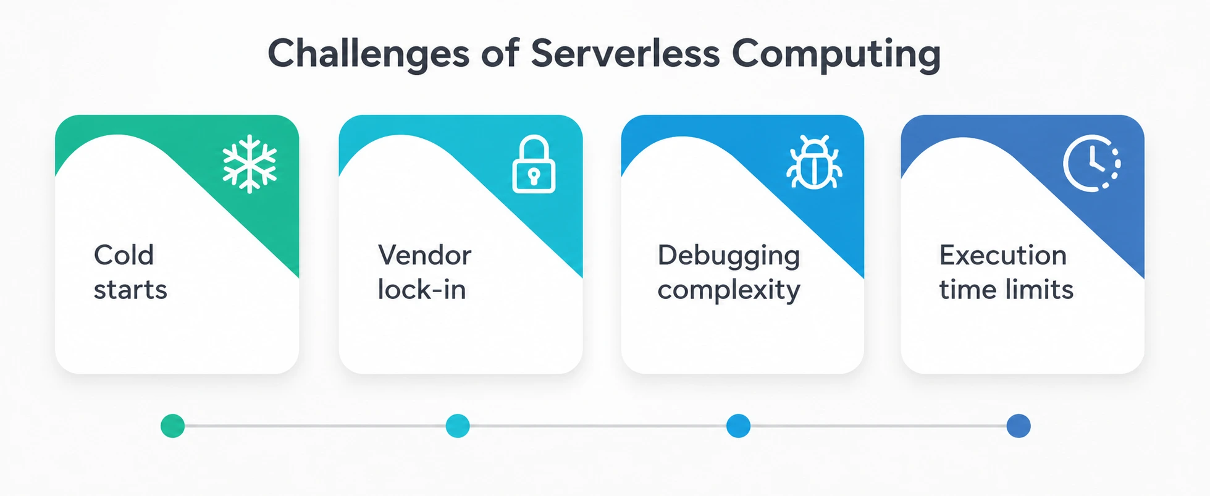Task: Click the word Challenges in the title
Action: pyautogui.click(x=369, y=54)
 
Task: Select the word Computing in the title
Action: pyautogui.click(x=836, y=54)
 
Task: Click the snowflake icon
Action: pyautogui.click(x=250, y=164)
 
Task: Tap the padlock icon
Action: pyautogui.click(x=534, y=164)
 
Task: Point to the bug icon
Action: pyautogui.click(x=813, y=162)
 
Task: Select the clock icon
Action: pyautogui.click(x=1091, y=163)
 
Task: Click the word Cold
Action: pyautogui.click(x=124, y=254)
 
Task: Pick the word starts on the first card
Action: pyautogui.click(x=130, y=290)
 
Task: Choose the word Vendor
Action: pyautogui.click(x=424, y=254)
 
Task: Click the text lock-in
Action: pyautogui.click(x=422, y=289)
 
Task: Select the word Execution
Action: pyautogui.click(x=1003, y=254)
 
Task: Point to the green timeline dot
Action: pyautogui.click(x=172, y=426)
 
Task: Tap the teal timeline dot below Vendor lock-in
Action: pyautogui.click(x=458, y=426)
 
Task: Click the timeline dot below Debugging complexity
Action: pyautogui.click(x=738, y=426)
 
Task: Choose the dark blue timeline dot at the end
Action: pyautogui.click(x=1019, y=426)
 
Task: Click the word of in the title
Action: pyautogui.click(x=500, y=53)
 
